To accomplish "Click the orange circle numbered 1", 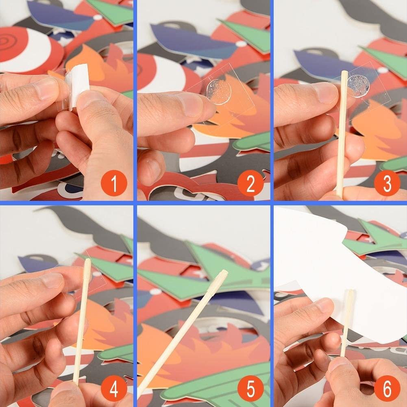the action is click(x=114, y=183).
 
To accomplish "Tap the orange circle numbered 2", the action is click(x=250, y=183).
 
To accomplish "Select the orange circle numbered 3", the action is click(x=387, y=183).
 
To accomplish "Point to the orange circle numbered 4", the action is click(x=114, y=388).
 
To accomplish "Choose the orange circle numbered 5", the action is click(x=250, y=388).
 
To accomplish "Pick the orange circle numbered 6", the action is click(x=387, y=388).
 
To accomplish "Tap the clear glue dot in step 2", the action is click(x=219, y=91).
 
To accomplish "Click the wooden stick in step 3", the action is click(x=342, y=133).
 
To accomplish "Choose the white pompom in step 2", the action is click(x=241, y=44).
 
